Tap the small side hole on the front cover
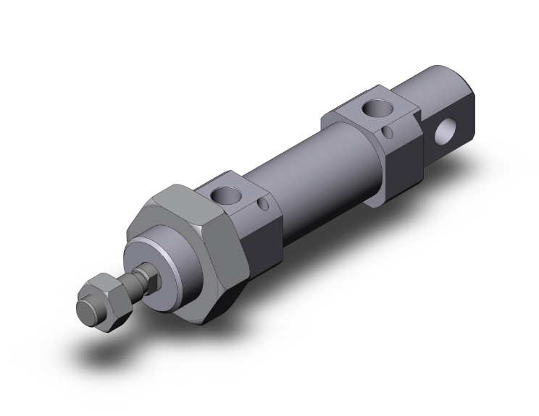click(262, 210)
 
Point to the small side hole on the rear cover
click(389, 132)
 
